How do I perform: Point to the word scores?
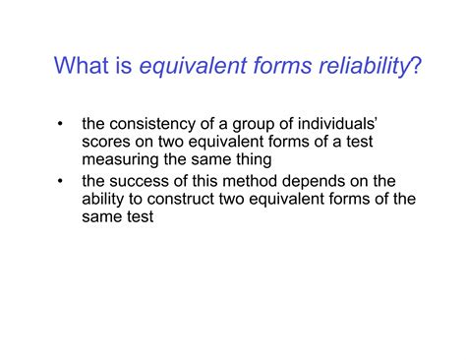click(106, 143)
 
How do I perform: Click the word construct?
click(180, 198)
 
